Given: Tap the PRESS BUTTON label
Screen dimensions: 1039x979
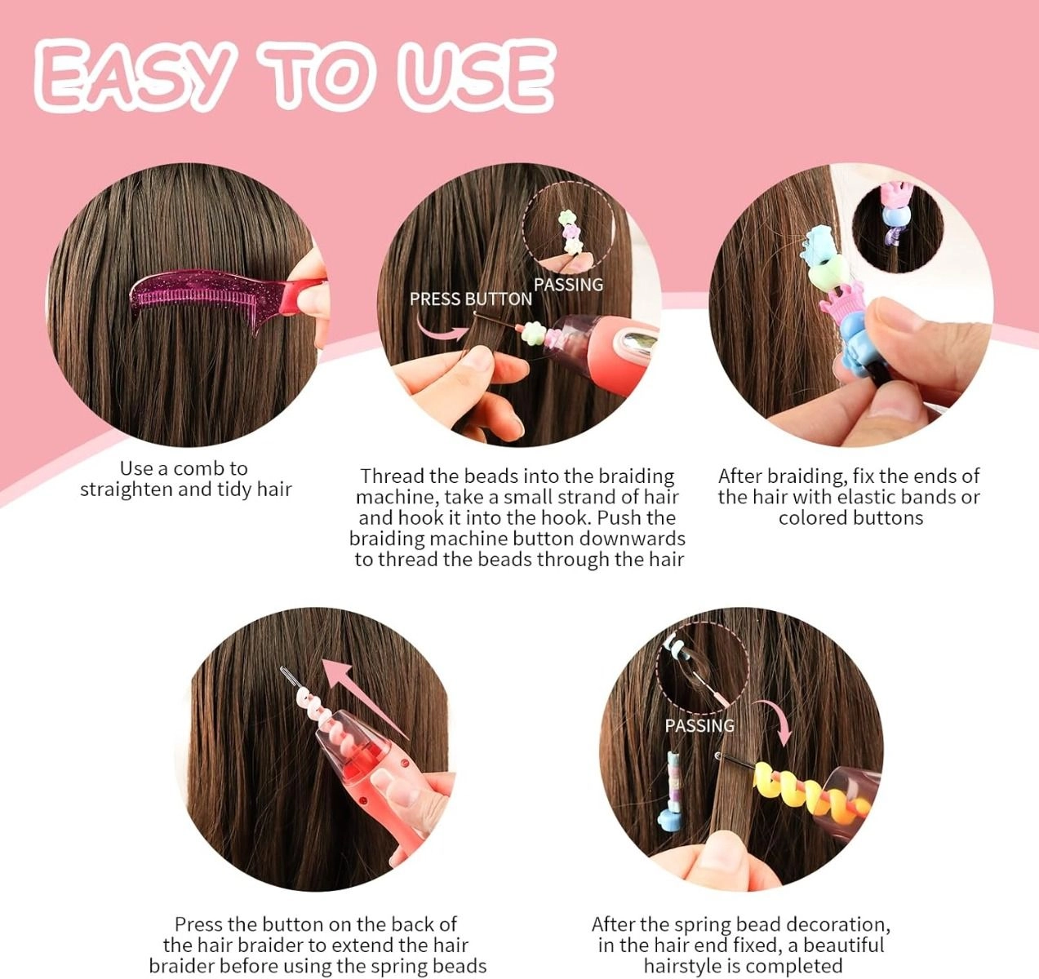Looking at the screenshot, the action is click(x=470, y=299).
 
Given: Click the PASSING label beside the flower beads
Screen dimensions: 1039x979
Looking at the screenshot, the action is click(x=568, y=285).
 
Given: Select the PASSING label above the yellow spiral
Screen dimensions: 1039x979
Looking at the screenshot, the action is click(x=699, y=725).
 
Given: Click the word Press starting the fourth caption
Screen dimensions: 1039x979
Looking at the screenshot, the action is click(x=200, y=924).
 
